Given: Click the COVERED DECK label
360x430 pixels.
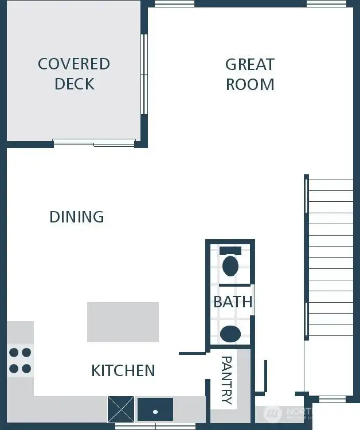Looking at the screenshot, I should (74, 73).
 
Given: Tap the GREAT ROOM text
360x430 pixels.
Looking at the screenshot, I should (250, 74).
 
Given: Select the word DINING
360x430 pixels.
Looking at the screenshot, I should (77, 217).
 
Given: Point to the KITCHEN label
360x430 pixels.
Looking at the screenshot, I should (123, 370).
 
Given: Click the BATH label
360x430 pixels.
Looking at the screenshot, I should (233, 302).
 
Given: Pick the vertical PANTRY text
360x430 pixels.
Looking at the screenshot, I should (226, 380).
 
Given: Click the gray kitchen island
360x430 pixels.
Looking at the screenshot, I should (123, 322).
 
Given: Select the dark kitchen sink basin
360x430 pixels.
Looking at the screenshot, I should (155, 409).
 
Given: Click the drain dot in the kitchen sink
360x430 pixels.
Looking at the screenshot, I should (155, 411).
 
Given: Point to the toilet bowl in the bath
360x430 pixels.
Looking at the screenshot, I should (230, 266).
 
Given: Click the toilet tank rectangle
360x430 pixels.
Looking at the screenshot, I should (230, 251).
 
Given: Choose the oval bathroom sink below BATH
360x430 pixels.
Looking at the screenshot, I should (230, 334).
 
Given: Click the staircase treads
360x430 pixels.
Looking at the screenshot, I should (331, 258).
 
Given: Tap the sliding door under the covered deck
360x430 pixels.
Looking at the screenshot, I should (94, 142).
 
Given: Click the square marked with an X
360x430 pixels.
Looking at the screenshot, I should (121, 409).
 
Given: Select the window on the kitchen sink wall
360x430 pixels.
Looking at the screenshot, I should (155, 426).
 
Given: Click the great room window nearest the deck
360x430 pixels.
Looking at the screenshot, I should (174, 3).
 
